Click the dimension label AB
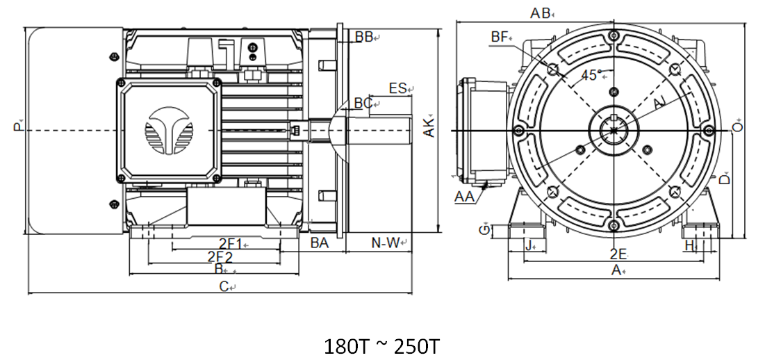(x=541, y=13)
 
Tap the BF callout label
(x=500, y=36)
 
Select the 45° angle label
(x=590, y=76)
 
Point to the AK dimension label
(x=430, y=126)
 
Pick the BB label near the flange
(x=363, y=37)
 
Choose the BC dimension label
(x=363, y=103)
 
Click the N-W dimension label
(x=386, y=243)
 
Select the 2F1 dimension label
(x=230, y=243)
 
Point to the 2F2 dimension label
(x=220, y=256)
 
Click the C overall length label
(x=224, y=286)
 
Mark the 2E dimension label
(x=618, y=253)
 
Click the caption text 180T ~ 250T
(x=381, y=346)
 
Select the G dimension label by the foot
(x=484, y=230)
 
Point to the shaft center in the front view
(x=612, y=131)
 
